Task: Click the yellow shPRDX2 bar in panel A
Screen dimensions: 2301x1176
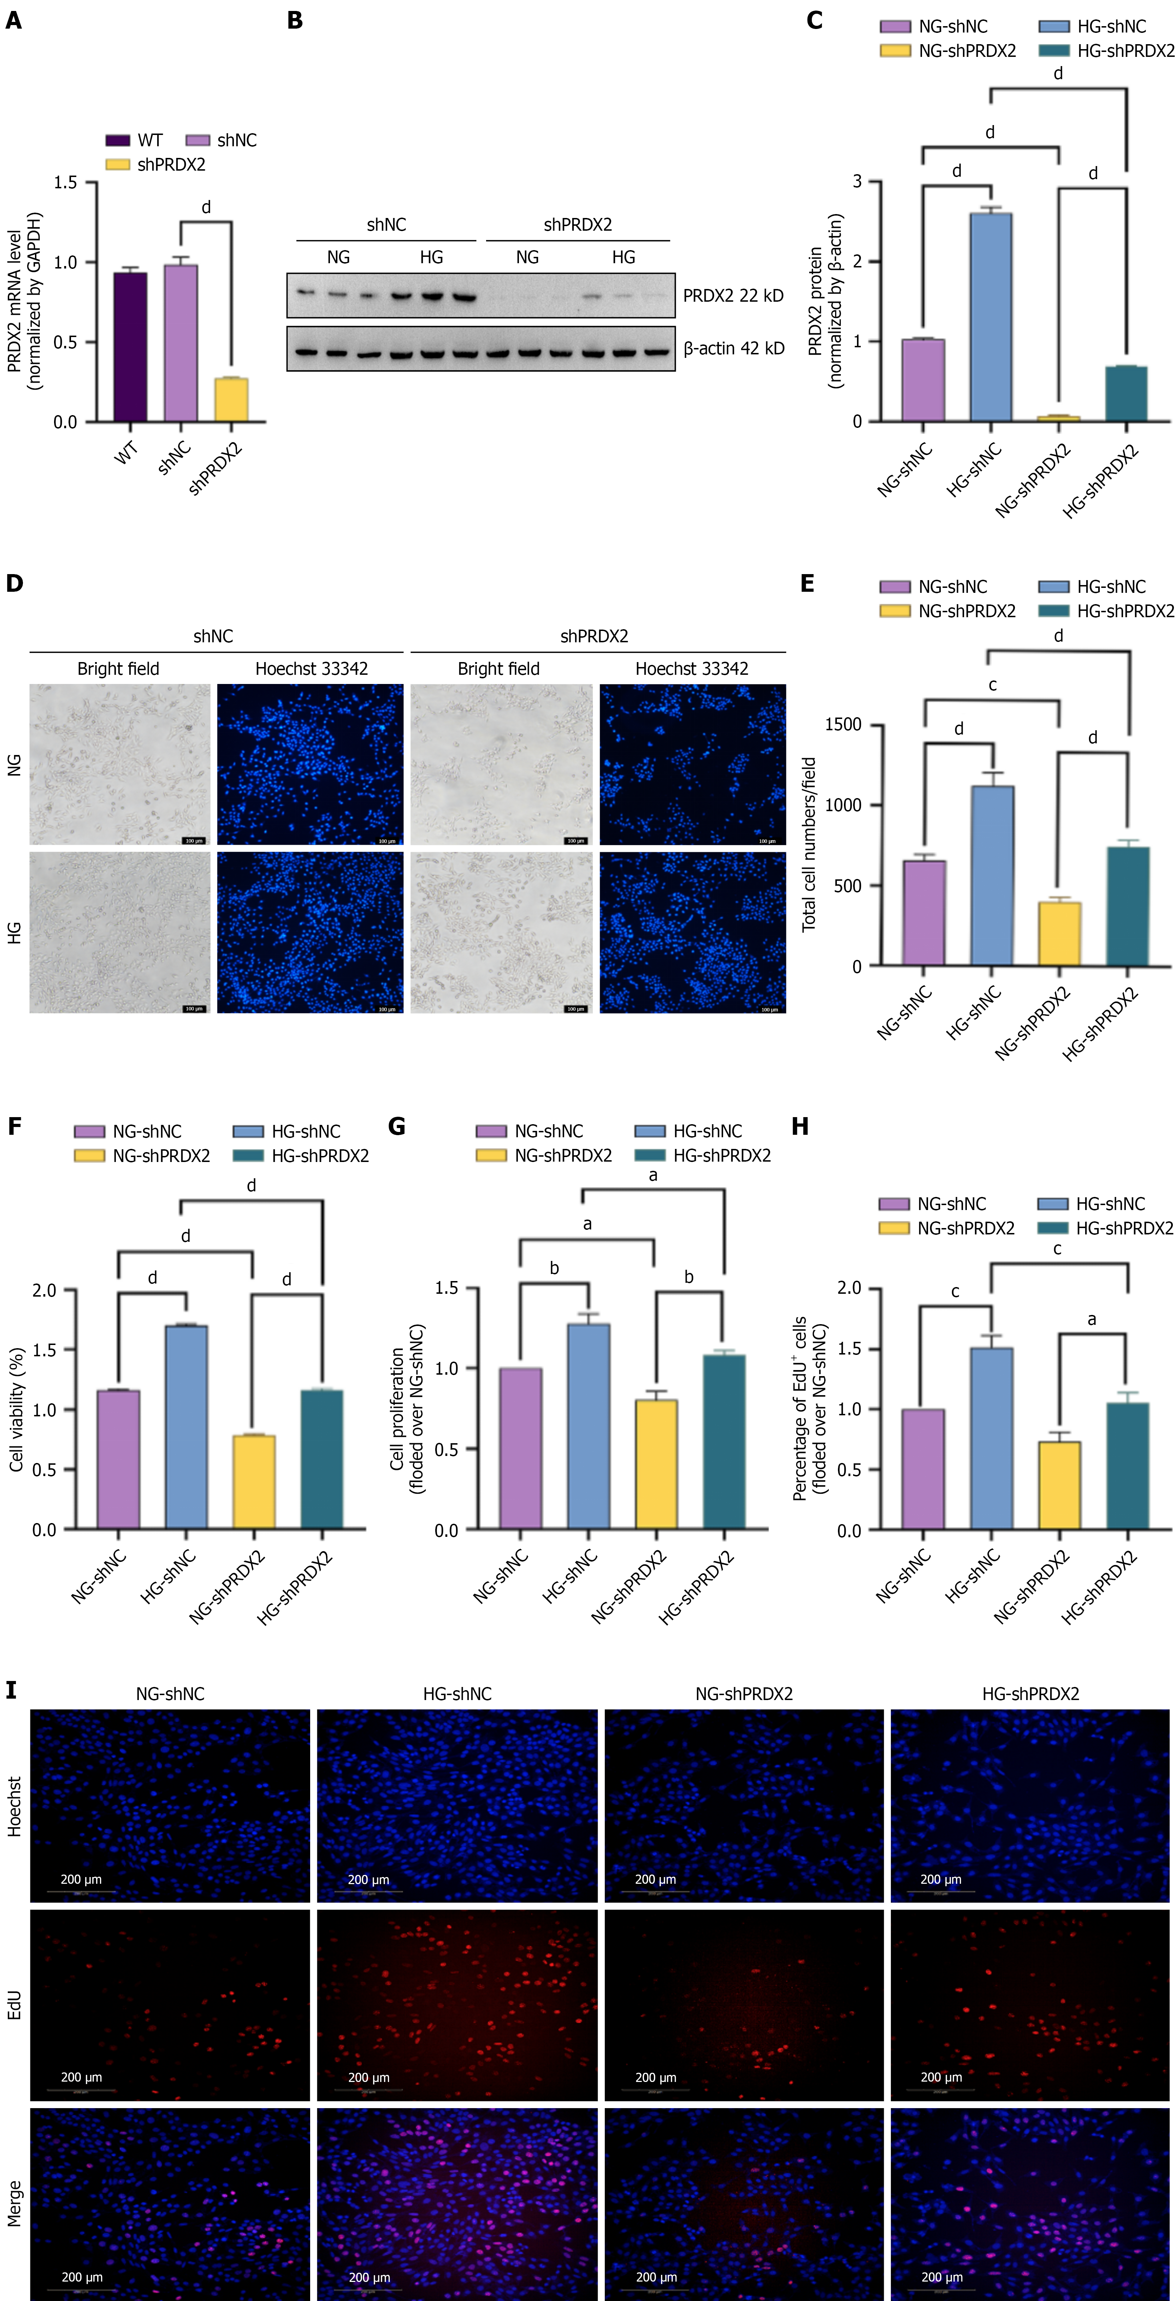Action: pyautogui.click(x=231, y=399)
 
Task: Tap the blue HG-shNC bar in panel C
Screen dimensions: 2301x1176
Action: pyautogui.click(x=991, y=317)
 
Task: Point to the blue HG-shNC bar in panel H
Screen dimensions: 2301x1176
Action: pyautogui.click(x=991, y=1438)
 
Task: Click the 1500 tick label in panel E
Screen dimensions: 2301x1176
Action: pyautogui.click(x=843, y=724)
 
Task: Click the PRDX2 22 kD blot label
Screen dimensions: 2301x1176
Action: pyautogui.click(x=732, y=296)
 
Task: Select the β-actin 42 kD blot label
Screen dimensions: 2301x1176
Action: pyautogui.click(x=733, y=348)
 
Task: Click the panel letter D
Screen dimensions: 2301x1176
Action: pyautogui.click(x=14, y=583)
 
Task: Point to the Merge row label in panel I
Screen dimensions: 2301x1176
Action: pyautogui.click(x=14, y=2203)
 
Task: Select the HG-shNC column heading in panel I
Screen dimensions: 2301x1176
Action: pyautogui.click(x=457, y=1694)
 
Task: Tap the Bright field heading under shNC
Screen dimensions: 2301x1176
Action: pyautogui.click(x=118, y=669)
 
